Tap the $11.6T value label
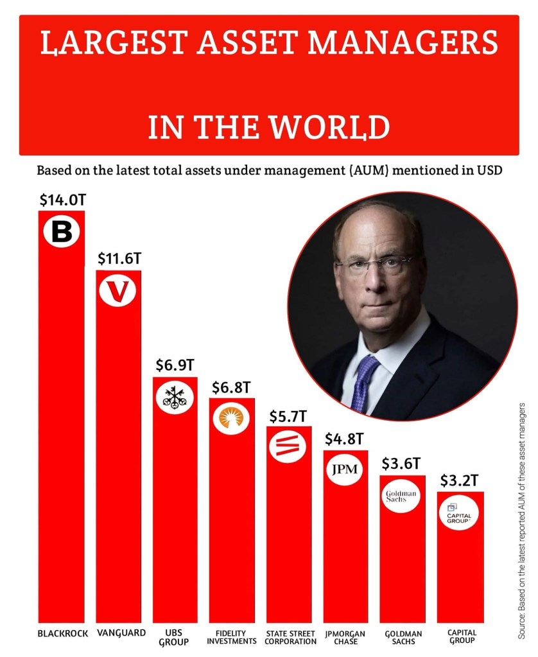click(x=119, y=259)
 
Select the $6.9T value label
click(x=175, y=365)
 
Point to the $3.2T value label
click(x=460, y=480)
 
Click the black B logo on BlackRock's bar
click(x=62, y=232)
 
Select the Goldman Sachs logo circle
click(x=403, y=496)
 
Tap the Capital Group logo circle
click(x=460, y=514)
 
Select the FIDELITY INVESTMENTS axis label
click(x=232, y=636)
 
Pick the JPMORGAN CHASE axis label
click(x=346, y=636)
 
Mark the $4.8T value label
click(x=346, y=440)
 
